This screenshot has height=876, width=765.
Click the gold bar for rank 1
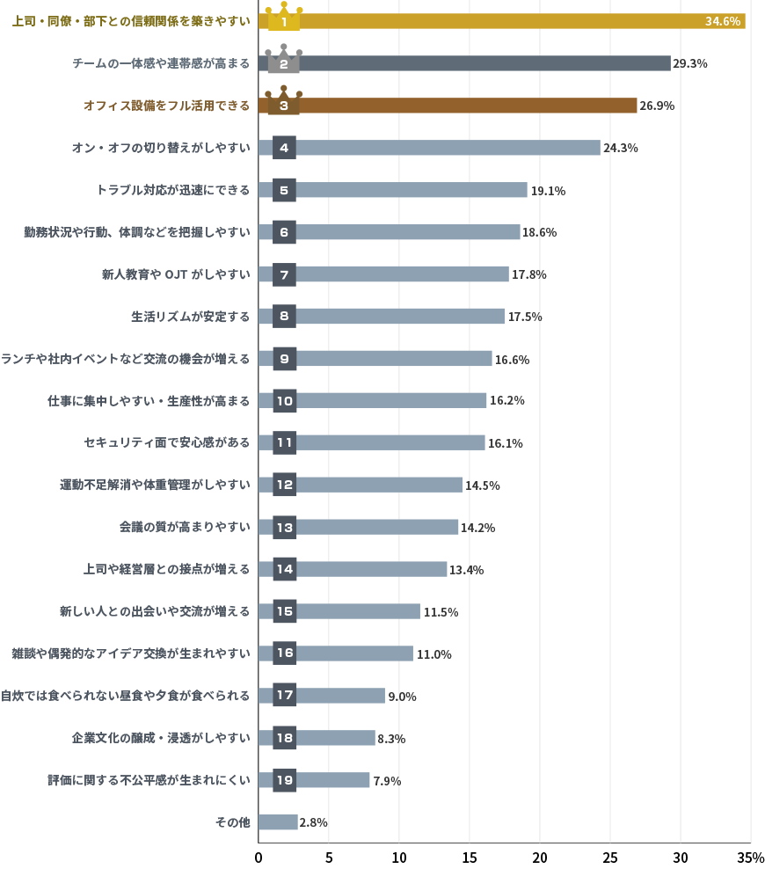tap(519, 21)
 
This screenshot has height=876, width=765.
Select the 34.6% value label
tap(723, 21)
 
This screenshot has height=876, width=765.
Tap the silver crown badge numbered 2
tap(284, 62)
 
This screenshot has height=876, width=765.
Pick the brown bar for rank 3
tap(466, 106)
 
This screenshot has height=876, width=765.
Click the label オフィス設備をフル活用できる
tap(166, 106)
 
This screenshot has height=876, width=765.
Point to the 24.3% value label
tap(621, 148)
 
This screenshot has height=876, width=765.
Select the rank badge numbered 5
tap(284, 190)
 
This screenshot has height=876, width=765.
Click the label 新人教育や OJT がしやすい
tap(176, 274)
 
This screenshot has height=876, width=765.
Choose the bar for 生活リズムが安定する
tap(400, 316)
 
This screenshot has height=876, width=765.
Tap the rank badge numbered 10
tap(284, 400)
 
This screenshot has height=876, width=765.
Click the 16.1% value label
tap(506, 443)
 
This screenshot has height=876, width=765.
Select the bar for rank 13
tap(378, 527)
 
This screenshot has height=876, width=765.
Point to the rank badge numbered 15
tap(284, 611)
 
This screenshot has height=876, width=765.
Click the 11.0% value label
tap(433, 654)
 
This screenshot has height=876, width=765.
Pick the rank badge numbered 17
tap(284, 696)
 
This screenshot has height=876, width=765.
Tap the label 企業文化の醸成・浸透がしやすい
tap(161, 738)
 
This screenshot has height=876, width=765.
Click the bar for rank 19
tap(334, 780)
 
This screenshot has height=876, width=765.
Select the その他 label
tap(233, 822)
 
